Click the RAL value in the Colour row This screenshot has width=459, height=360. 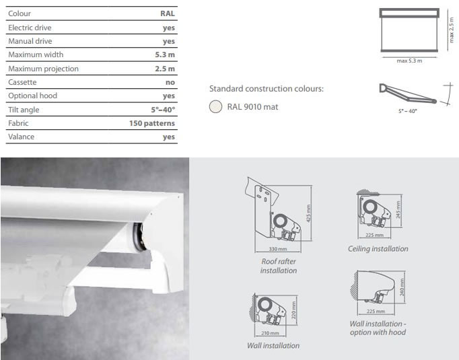tap(168, 13)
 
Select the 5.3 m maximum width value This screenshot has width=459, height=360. tap(165, 55)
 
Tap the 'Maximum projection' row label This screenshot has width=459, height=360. tap(43, 69)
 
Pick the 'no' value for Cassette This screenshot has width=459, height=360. tap(170, 83)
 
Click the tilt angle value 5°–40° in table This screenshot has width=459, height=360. tap(163, 110)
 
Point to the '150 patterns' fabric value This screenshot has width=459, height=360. tap(152, 123)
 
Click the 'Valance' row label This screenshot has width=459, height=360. tap(21, 137)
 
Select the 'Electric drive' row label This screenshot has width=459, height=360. tap(30, 28)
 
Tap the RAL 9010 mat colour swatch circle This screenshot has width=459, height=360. tap(215, 106)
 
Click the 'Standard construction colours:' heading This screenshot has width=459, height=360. tap(267, 89)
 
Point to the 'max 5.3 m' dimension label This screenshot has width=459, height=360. tap(409, 61)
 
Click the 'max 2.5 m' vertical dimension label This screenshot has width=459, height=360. tap(452, 30)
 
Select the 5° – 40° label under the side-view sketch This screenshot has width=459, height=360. tap(407, 111)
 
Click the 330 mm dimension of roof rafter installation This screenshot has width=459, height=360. tap(278, 249)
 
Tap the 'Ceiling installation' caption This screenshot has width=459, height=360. tap(378, 249)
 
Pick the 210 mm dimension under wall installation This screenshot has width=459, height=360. tap(270, 333)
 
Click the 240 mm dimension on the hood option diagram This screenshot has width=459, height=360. tap(402, 287)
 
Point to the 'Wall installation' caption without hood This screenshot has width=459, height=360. tap(273, 346)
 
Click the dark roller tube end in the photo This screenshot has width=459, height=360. tap(139, 237)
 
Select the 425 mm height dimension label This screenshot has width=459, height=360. tap(308, 213)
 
